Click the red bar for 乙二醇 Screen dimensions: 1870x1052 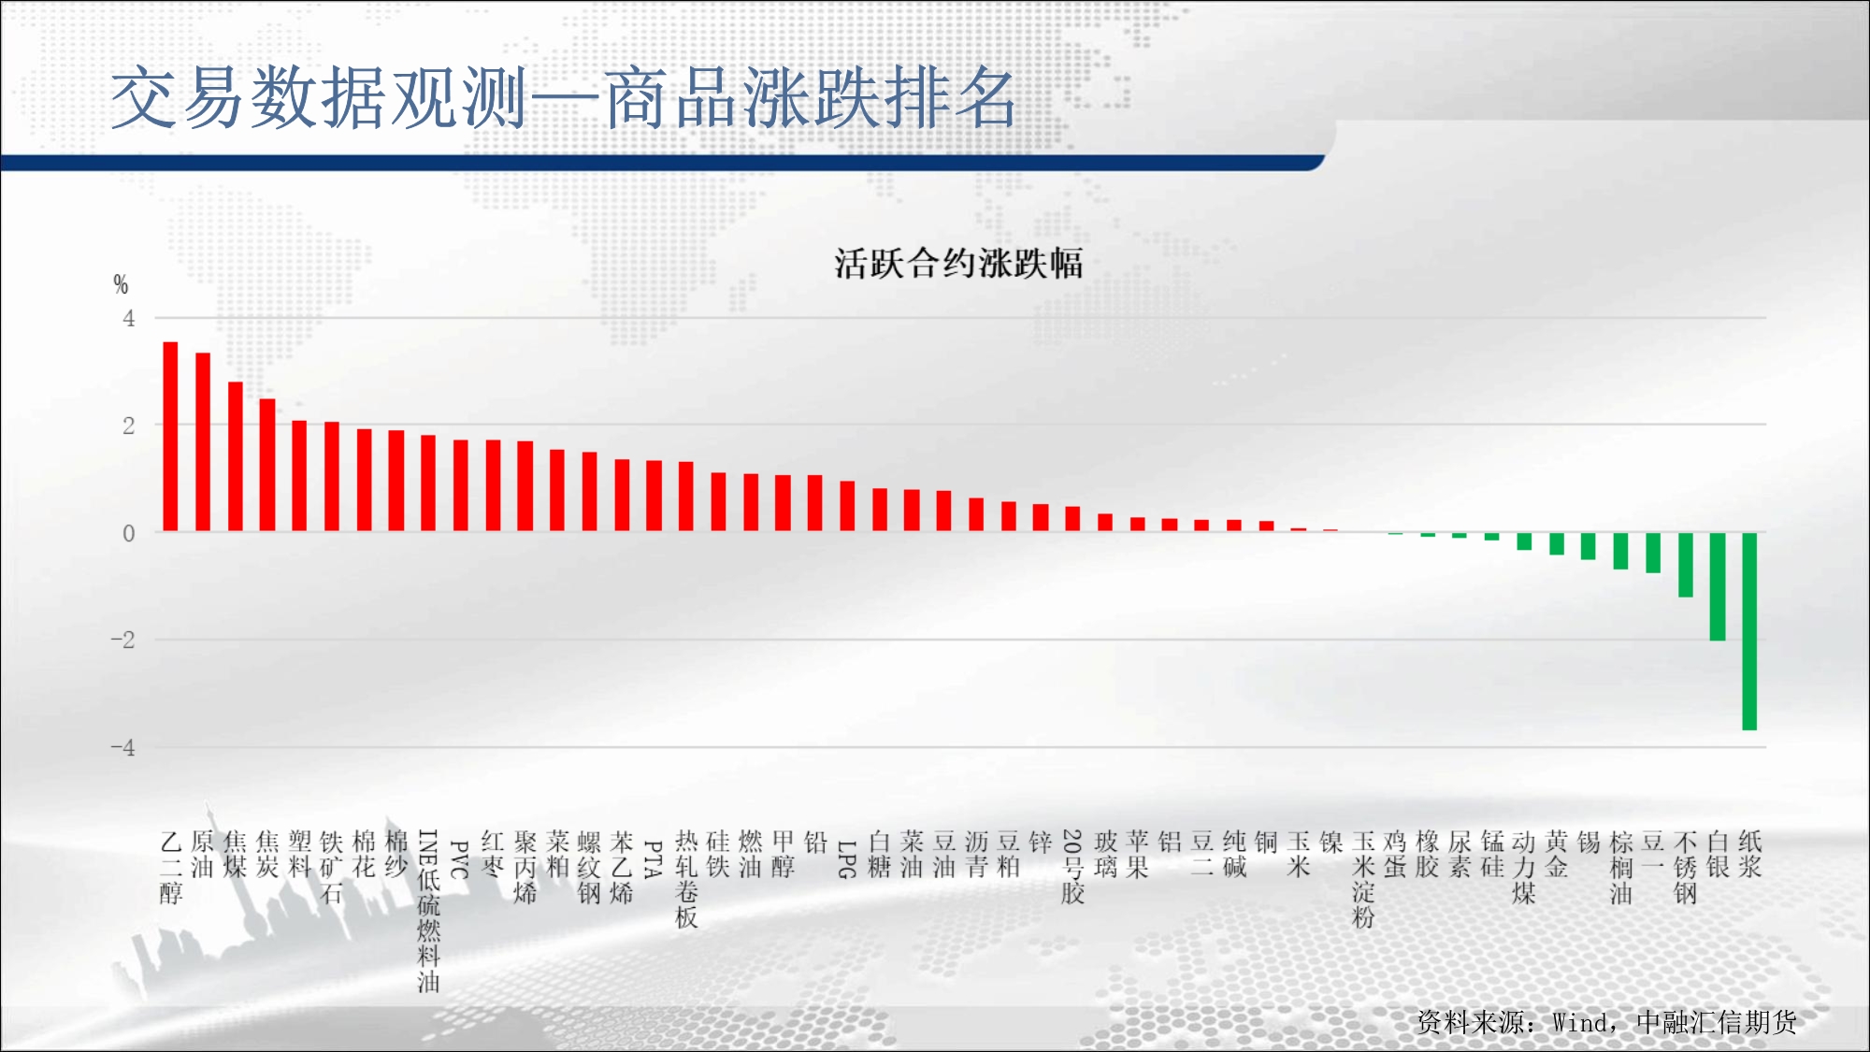[x=170, y=437]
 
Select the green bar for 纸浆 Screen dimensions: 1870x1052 [x=1749, y=631]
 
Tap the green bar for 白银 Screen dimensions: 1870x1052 [x=1718, y=586]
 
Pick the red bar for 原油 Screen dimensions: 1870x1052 [x=203, y=442]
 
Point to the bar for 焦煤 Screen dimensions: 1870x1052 [x=236, y=456]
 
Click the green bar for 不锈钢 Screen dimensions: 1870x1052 [x=1686, y=565]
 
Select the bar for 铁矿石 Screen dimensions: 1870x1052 [x=332, y=477]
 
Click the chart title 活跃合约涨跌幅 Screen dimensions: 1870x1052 [x=958, y=264]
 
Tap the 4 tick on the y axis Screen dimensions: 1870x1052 [x=129, y=319]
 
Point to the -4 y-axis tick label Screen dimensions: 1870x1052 [x=123, y=747]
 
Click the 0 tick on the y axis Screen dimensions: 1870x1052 [x=129, y=533]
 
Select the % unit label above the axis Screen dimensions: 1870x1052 [x=121, y=284]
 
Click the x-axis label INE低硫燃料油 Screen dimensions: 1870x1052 [x=428, y=911]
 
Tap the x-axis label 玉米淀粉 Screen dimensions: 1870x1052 [x=1363, y=879]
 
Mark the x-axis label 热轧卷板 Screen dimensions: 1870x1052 [x=686, y=879]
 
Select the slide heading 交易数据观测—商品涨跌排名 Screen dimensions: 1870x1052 [x=563, y=98]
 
